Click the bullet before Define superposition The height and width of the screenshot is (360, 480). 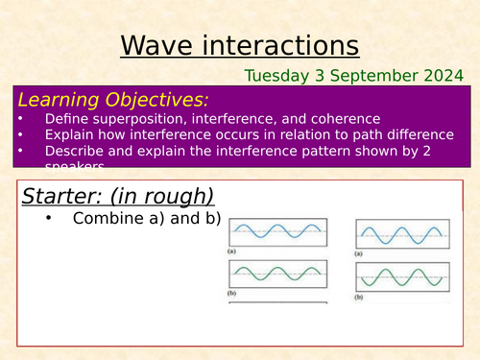click(22, 120)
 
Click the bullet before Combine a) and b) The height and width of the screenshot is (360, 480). click(48, 219)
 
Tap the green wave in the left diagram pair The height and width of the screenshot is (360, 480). click(276, 276)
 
